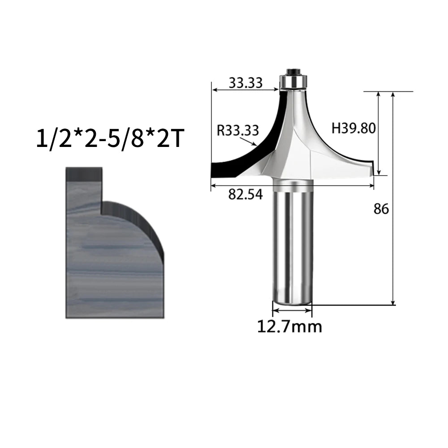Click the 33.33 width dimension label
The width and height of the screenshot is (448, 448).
point(246,83)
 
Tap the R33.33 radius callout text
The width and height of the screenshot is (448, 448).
point(238,130)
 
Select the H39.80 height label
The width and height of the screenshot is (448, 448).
point(353,128)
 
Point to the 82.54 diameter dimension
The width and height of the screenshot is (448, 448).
point(246,194)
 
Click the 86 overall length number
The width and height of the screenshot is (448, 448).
point(381,209)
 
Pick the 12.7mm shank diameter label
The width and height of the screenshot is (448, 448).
point(289,326)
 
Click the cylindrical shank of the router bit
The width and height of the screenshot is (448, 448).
point(292,242)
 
